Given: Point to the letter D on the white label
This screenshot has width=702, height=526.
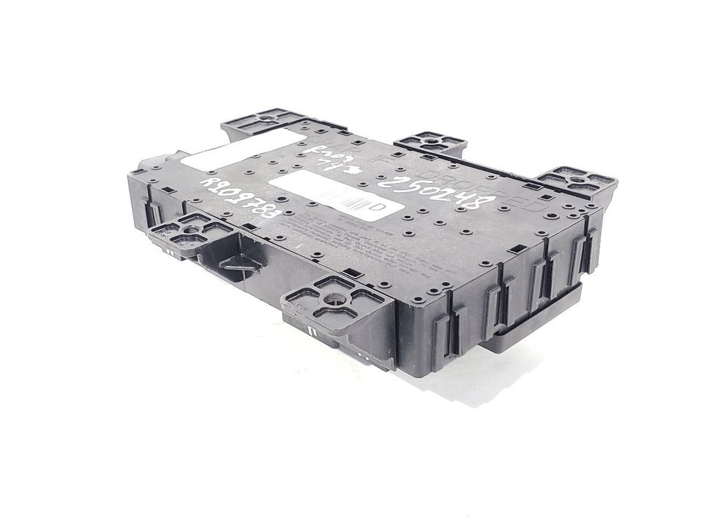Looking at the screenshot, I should point(376,208).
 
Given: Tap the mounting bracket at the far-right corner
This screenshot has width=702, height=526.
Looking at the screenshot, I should point(579,180).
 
